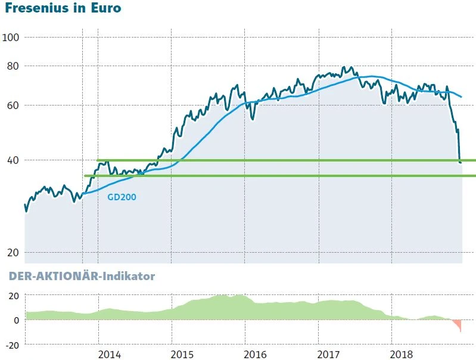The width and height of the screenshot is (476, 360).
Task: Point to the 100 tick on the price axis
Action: (x=12, y=37)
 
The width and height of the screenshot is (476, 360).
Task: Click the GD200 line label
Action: (x=122, y=197)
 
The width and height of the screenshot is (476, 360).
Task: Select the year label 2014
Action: (x=109, y=355)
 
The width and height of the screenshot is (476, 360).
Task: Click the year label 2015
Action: (x=183, y=355)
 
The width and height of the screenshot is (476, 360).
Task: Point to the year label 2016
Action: (x=256, y=355)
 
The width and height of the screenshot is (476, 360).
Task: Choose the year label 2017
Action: (x=329, y=355)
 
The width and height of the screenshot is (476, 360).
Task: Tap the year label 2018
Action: (x=403, y=355)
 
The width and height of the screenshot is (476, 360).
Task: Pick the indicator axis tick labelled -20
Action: (x=12, y=345)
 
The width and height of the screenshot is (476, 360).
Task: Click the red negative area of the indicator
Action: (x=458, y=325)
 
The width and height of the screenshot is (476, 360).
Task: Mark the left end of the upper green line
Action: (x=98, y=160)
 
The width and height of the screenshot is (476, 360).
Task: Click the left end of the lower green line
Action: (x=85, y=176)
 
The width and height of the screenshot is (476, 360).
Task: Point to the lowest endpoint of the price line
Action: (x=461, y=162)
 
